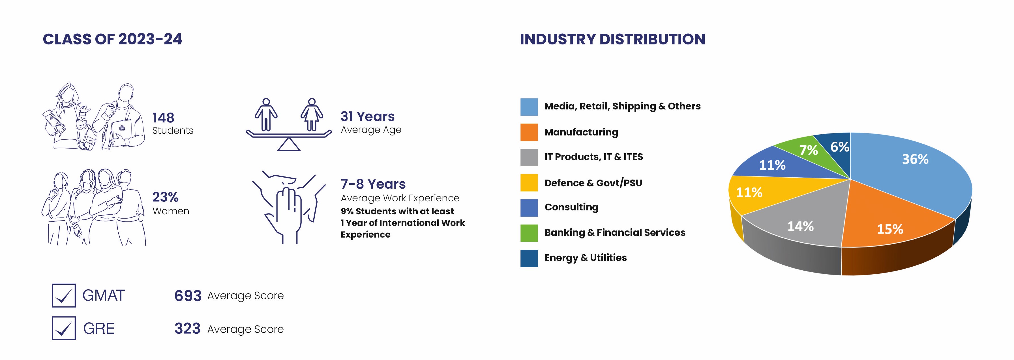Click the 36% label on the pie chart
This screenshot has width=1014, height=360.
(915, 159)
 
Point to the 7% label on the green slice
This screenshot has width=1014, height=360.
(809, 150)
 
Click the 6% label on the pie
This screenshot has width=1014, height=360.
(840, 147)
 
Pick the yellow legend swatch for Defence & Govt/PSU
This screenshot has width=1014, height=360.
(529, 183)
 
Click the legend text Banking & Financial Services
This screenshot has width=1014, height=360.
(614, 232)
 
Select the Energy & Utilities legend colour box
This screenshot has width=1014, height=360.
(529, 258)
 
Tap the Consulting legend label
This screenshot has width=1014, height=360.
(571, 207)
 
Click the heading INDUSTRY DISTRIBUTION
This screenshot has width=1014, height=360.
(612, 39)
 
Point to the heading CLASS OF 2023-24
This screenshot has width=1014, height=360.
(113, 39)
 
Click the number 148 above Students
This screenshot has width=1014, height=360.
(163, 118)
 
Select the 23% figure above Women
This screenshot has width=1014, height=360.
(165, 197)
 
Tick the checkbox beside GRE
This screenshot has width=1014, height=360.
(64, 328)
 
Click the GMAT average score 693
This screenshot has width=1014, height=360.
(188, 296)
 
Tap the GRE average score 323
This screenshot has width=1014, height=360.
(187, 329)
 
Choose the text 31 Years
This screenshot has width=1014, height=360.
(368, 117)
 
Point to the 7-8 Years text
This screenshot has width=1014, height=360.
(373, 184)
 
